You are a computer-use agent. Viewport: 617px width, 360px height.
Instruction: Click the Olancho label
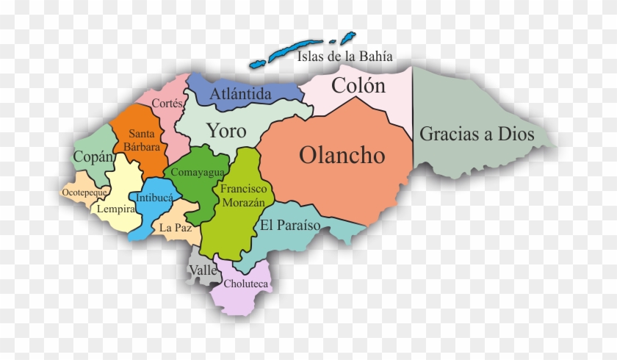tap(342, 156)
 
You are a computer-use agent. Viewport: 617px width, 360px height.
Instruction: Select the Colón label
tap(358, 86)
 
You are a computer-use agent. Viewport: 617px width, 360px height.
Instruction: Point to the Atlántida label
tap(240, 94)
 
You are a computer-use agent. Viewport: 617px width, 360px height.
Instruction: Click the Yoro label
tap(225, 131)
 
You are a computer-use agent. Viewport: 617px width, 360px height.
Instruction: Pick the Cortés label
tap(167, 104)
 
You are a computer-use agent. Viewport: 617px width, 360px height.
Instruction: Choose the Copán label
tap(93, 156)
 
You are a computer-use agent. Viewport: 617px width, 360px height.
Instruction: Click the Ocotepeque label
tap(85, 192)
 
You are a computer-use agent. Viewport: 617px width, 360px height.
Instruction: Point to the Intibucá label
tap(154, 198)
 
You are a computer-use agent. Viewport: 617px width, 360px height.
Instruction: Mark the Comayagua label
tap(194, 172)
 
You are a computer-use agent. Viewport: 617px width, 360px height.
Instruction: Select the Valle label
tap(203, 270)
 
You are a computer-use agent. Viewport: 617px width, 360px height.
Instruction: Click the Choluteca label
tap(246, 284)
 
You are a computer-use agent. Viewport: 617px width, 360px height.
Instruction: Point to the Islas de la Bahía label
tap(344, 56)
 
